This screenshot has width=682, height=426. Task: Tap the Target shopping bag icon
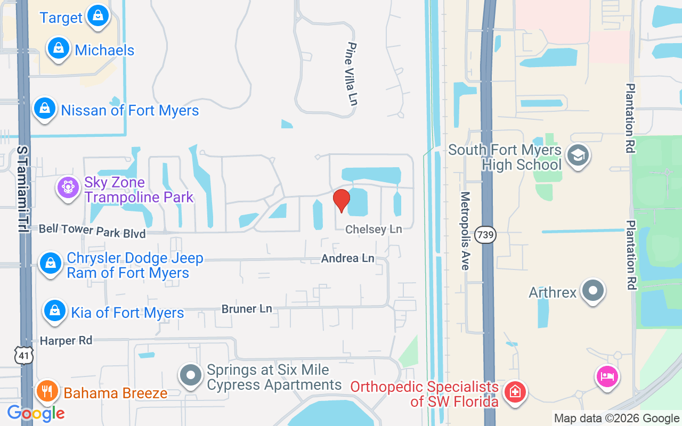[98, 15]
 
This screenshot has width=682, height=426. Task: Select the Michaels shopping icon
[59, 48]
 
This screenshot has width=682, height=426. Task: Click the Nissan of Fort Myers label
[129, 111]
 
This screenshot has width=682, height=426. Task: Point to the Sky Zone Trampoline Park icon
[68, 188]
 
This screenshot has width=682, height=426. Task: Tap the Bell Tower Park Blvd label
[92, 231]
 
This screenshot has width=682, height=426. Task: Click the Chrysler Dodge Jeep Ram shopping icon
[51, 263]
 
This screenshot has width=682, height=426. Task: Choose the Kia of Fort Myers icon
[54, 310]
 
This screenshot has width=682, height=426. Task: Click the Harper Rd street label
[66, 340]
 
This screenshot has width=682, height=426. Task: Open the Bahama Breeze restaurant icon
[47, 391]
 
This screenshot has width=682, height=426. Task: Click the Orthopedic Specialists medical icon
[515, 393]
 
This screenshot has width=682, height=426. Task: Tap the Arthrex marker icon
[592, 291]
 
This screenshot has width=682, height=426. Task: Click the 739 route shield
[485, 235]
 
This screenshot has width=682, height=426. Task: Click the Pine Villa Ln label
[351, 73]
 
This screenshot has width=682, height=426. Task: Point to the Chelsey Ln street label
[374, 229]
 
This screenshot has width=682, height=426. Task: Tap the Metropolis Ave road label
[465, 231]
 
